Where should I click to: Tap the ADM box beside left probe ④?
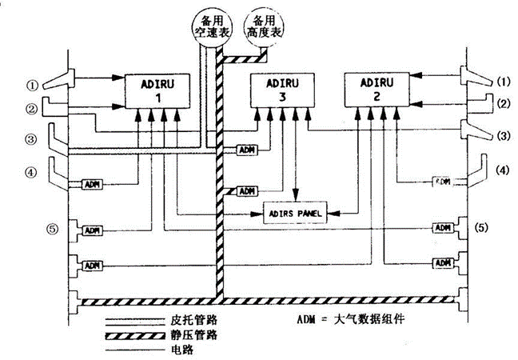tap(93, 184)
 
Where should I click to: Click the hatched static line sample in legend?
tap(131, 332)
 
